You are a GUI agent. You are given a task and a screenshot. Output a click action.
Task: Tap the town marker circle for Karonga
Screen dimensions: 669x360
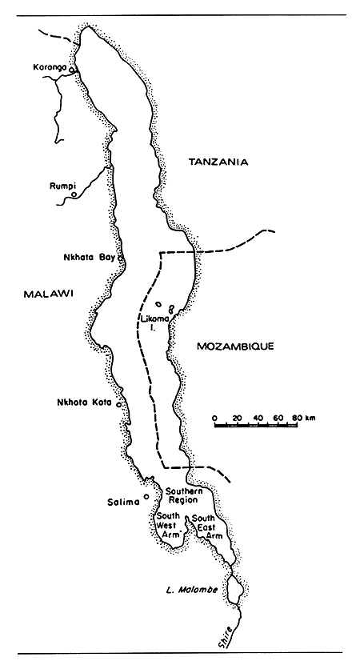point(72,71)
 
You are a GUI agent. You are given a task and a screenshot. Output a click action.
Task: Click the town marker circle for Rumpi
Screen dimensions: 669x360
point(74,194)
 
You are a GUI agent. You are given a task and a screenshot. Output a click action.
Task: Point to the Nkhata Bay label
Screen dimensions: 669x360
point(89,258)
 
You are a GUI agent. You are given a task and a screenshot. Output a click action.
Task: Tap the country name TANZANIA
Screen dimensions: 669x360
point(218,162)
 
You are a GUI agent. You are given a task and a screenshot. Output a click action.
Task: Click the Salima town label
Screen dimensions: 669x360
point(123,503)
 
